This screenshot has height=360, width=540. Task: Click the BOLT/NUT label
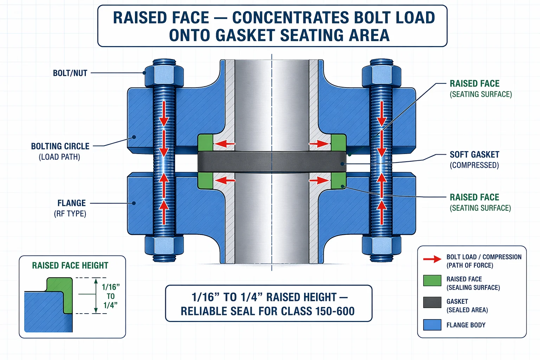(70, 73)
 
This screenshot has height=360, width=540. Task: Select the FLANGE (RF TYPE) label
(70, 208)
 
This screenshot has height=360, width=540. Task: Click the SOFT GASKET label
(474, 160)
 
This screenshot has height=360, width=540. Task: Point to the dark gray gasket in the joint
(272, 162)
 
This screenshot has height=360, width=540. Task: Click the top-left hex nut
(164, 76)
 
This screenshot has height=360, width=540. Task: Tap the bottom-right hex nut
(381, 247)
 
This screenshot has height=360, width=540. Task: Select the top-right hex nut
(381, 76)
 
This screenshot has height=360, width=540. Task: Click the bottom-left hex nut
(164, 247)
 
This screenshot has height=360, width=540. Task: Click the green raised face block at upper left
(205, 143)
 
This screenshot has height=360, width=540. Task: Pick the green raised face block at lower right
(339, 181)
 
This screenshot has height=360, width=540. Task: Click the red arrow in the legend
(432, 259)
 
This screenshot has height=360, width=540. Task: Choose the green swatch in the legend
(432, 281)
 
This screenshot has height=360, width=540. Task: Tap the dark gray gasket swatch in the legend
(432, 302)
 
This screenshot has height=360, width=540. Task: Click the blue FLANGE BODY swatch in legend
(432, 325)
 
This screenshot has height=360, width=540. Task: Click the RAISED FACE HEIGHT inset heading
(70, 265)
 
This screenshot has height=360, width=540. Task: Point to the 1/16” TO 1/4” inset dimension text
(111, 296)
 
